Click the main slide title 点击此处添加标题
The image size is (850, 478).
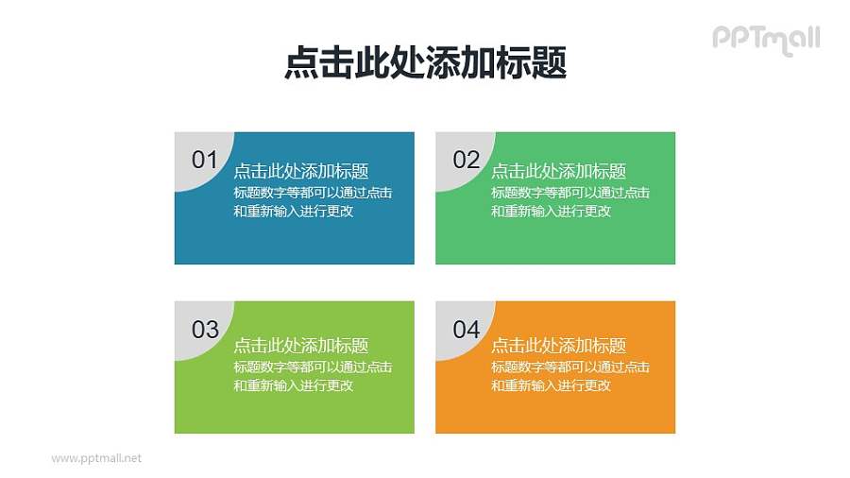(425, 63)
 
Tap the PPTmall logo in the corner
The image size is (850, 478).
(765, 39)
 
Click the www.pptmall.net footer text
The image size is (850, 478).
(95, 458)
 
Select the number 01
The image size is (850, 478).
(205, 160)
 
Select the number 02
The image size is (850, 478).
(467, 160)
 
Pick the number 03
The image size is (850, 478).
(205, 330)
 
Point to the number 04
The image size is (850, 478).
(467, 330)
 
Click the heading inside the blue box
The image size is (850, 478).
(300, 171)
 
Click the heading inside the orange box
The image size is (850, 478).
(558, 346)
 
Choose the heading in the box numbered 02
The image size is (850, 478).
(558, 171)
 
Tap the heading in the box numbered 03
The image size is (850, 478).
(300, 346)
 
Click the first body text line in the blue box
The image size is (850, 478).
(313, 193)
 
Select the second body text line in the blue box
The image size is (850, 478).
(293, 212)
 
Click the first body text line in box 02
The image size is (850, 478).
(570, 193)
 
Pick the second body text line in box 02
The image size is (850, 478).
(551, 212)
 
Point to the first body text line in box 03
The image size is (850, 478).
(313, 367)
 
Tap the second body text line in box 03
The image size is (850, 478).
(293, 385)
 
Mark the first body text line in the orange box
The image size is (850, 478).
(570, 367)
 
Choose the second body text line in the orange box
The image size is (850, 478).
(551, 385)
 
